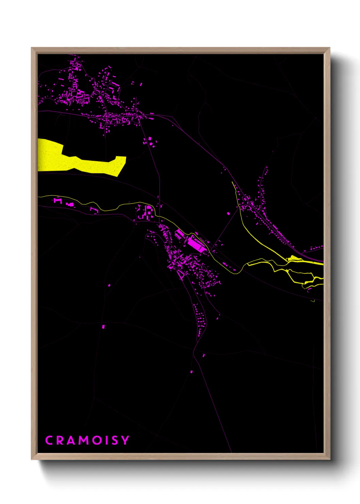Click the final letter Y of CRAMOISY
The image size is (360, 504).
pos(125,440)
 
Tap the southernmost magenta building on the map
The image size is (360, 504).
pos(191,372)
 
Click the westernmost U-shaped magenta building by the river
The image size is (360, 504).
pos(57,201)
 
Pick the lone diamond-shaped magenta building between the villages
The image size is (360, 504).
pos(228,214)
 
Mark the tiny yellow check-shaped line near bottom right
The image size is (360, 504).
pos(312,301)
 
